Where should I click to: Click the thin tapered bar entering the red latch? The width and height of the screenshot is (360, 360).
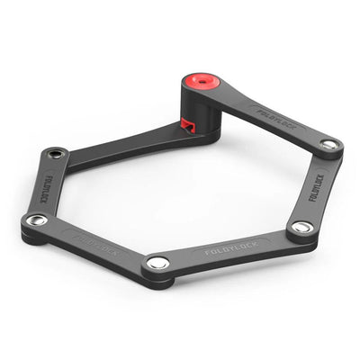point(135,142)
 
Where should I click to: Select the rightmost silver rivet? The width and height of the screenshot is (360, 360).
point(330,144)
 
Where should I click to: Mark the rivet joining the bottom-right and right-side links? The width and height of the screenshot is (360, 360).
point(303,227)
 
